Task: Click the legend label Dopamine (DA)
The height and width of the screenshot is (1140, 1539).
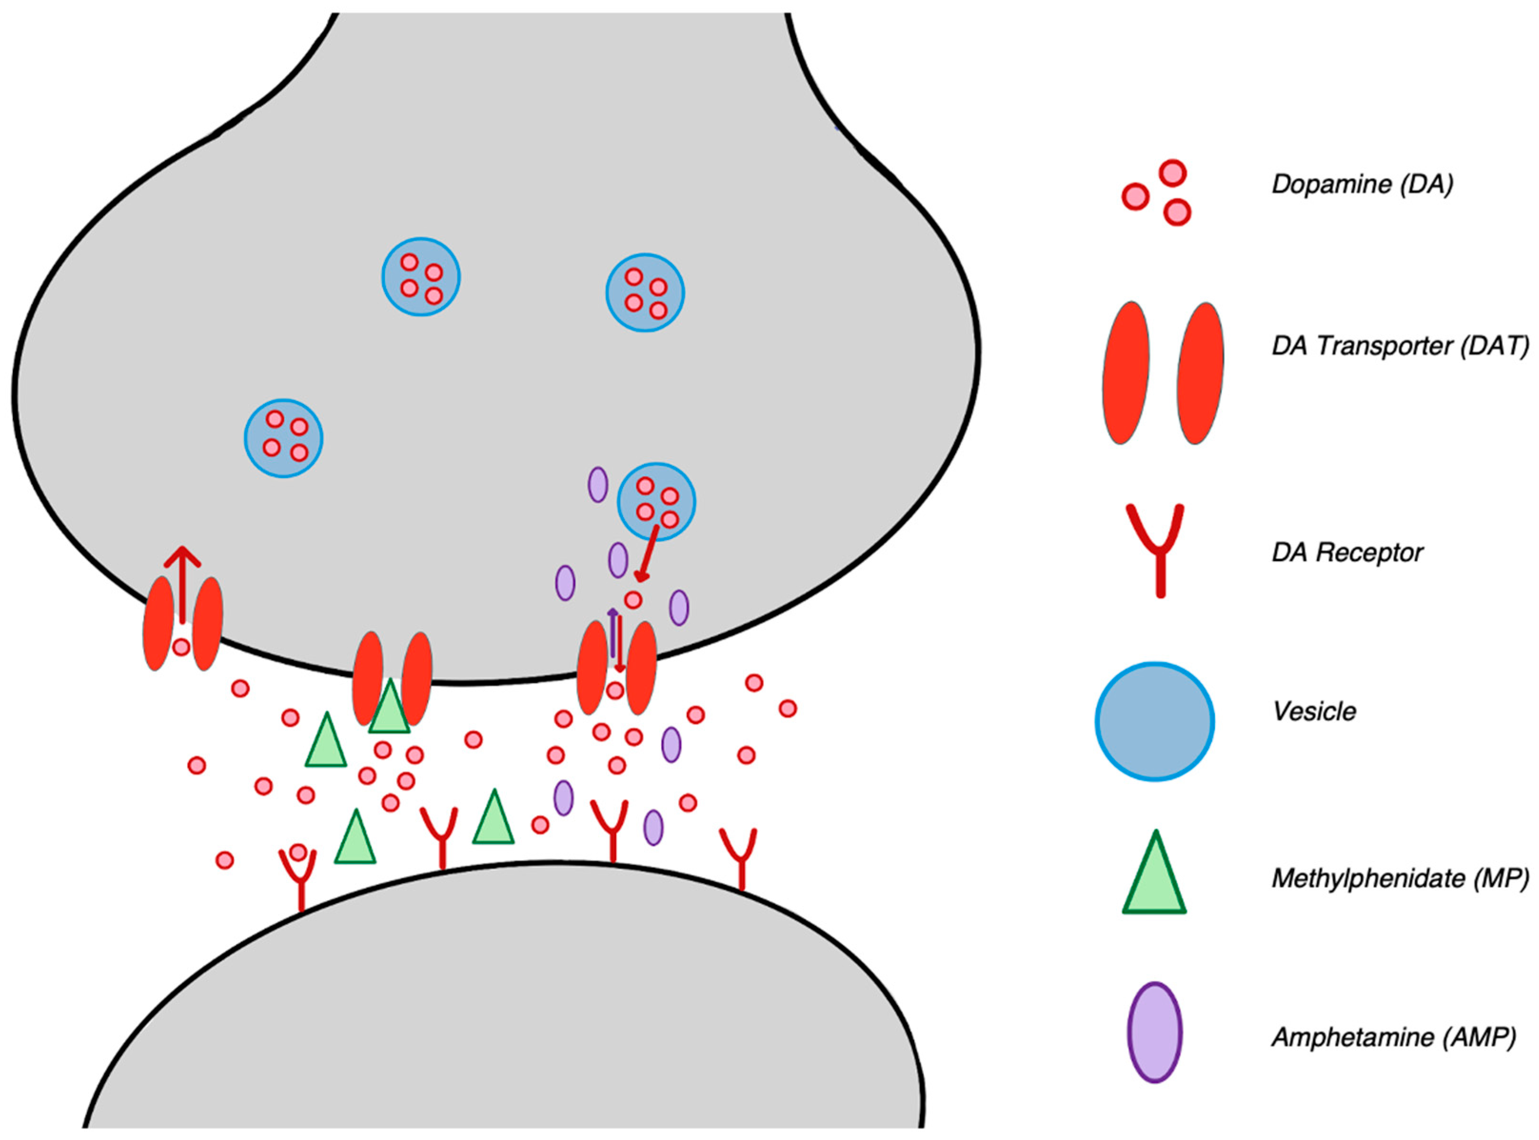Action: point(1361,184)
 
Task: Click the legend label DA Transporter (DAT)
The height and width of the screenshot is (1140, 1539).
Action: point(1400,345)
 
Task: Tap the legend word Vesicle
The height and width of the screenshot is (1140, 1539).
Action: point(1314,711)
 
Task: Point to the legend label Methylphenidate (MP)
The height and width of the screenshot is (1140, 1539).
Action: point(1400,878)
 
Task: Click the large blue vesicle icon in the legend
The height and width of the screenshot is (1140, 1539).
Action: point(1154,721)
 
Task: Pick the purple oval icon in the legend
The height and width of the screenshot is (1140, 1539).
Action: point(1154,1032)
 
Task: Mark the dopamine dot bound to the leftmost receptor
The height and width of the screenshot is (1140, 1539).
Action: point(297,852)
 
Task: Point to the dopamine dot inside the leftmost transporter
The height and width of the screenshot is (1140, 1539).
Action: point(181,647)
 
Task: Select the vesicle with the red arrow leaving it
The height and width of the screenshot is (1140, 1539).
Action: point(656,501)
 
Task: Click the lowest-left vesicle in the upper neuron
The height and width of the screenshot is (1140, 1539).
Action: point(284,438)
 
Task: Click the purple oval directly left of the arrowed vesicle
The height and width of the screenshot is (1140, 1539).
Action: point(598,484)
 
